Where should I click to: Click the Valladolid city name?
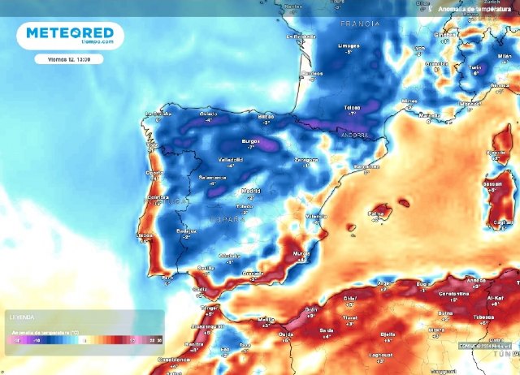click(229, 160)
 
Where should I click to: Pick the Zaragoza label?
click(305, 160)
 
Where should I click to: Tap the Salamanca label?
click(212, 177)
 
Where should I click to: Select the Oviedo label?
click(210, 114)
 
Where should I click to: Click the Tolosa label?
click(352, 107)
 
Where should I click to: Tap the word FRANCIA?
click(360, 24)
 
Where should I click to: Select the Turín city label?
click(479, 67)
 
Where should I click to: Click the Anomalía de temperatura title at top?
click(475, 8)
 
